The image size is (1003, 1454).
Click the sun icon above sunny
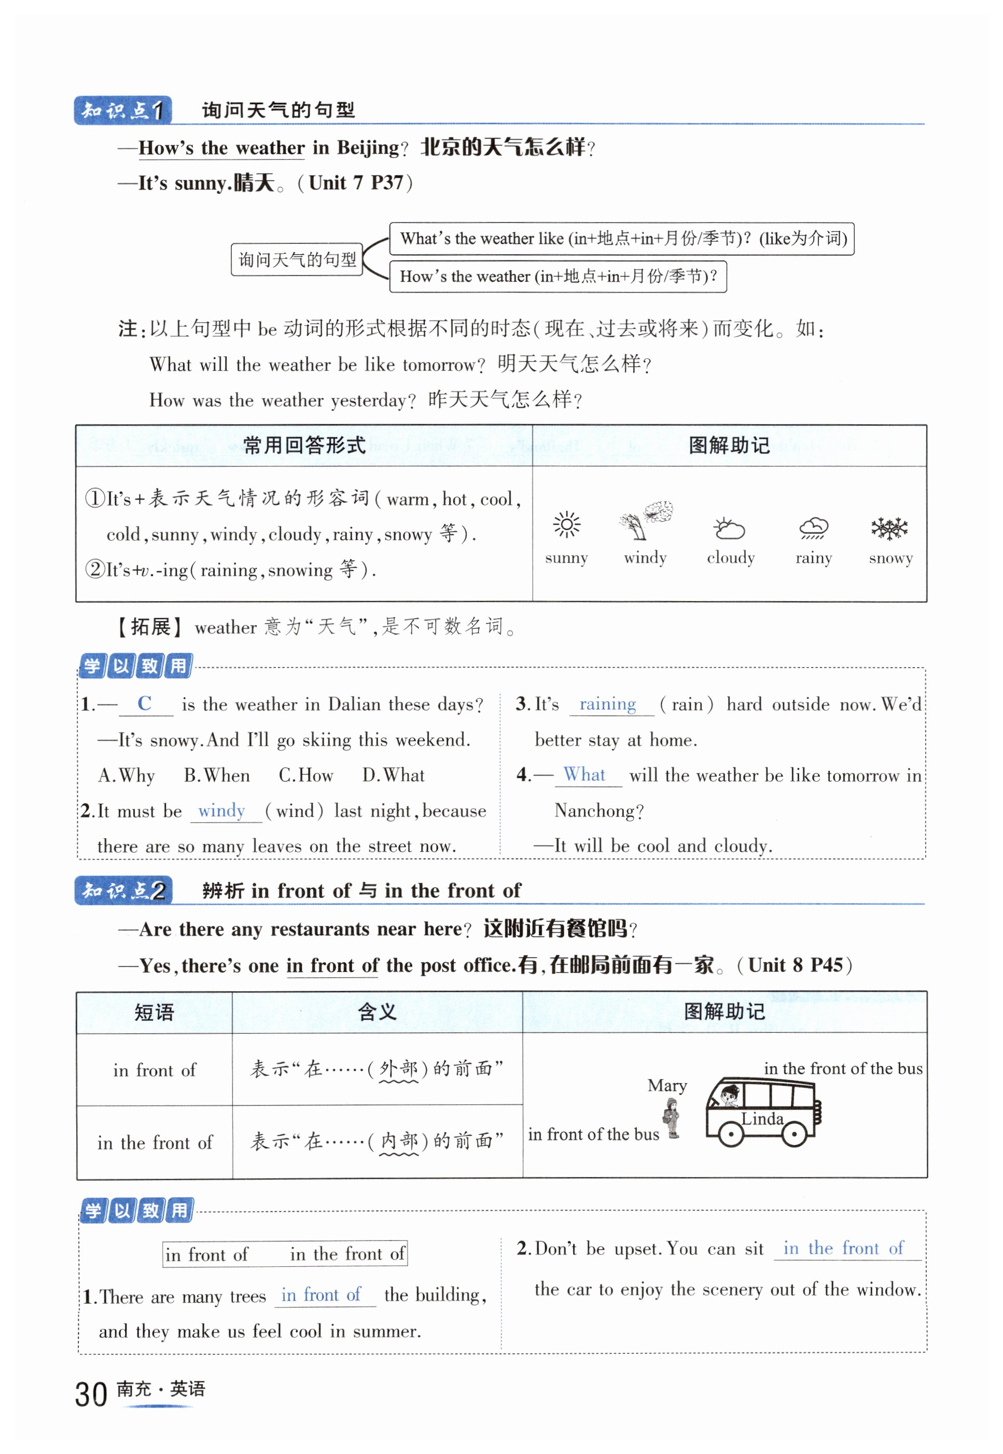coord(566,524)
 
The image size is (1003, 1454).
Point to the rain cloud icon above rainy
coord(813,528)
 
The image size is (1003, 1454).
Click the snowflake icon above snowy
coord(889,528)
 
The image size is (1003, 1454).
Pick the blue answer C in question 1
coord(145,703)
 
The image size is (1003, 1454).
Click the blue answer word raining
coord(607,703)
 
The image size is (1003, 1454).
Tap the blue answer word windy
coord(221,810)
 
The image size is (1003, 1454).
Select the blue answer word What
coord(584,774)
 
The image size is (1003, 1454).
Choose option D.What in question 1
coord(394,775)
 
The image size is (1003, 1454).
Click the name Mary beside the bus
coord(667,1086)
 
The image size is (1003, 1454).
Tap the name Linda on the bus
coord(762,1118)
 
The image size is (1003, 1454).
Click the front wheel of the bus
coord(730,1134)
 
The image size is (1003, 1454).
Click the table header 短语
coord(154,1012)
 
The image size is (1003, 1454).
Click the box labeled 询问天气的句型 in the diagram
coord(297,259)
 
